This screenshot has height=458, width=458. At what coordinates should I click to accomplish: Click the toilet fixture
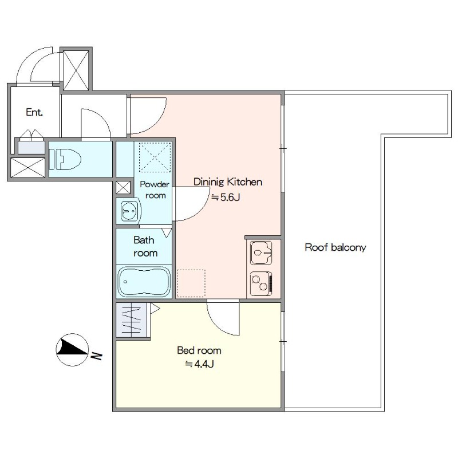tap(65, 159)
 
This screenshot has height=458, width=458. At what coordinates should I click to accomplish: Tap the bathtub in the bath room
tap(144, 282)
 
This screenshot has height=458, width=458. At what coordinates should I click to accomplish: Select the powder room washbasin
tap(128, 210)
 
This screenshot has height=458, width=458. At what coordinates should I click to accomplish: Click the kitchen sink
tap(261, 252)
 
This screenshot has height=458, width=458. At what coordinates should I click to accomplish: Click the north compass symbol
tap(73, 349)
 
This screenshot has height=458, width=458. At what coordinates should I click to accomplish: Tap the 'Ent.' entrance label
tap(34, 112)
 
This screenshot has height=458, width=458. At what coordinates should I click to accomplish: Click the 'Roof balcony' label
tap(335, 247)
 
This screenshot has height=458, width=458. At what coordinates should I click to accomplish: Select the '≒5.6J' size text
tap(226, 198)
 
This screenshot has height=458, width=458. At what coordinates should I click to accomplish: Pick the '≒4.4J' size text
tap(199, 364)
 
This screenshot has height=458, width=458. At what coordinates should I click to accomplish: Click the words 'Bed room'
tap(199, 350)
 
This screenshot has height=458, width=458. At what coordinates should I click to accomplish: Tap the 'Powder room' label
tap(155, 190)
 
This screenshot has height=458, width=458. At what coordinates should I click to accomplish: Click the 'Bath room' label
tap(145, 246)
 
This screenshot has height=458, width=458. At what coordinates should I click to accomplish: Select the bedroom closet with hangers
tap(131, 320)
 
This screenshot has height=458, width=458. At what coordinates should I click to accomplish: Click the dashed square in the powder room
tap(155, 157)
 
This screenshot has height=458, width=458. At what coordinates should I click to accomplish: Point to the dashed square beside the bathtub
tap(191, 283)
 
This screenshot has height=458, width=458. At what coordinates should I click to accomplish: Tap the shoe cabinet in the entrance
tap(31, 148)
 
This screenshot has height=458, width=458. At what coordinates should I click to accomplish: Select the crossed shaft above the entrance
tap(76, 70)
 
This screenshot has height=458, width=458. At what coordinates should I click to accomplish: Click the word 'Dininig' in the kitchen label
tap(209, 182)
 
